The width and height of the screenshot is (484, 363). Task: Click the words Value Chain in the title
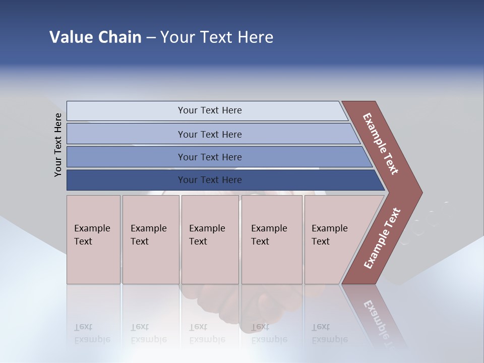pos(95,37)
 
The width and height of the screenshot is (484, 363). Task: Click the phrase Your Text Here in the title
pos(217,37)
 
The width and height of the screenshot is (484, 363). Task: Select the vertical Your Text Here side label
pos(58,145)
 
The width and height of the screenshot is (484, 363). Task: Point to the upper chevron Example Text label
pos(381,144)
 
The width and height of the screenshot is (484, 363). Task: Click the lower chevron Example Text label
pos(382,238)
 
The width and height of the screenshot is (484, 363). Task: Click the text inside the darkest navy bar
pos(210,180)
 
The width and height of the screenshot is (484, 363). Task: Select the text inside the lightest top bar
pos(210,110)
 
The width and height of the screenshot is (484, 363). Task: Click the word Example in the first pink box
pos(92,228)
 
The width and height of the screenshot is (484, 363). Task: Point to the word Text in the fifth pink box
pos(320,241)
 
